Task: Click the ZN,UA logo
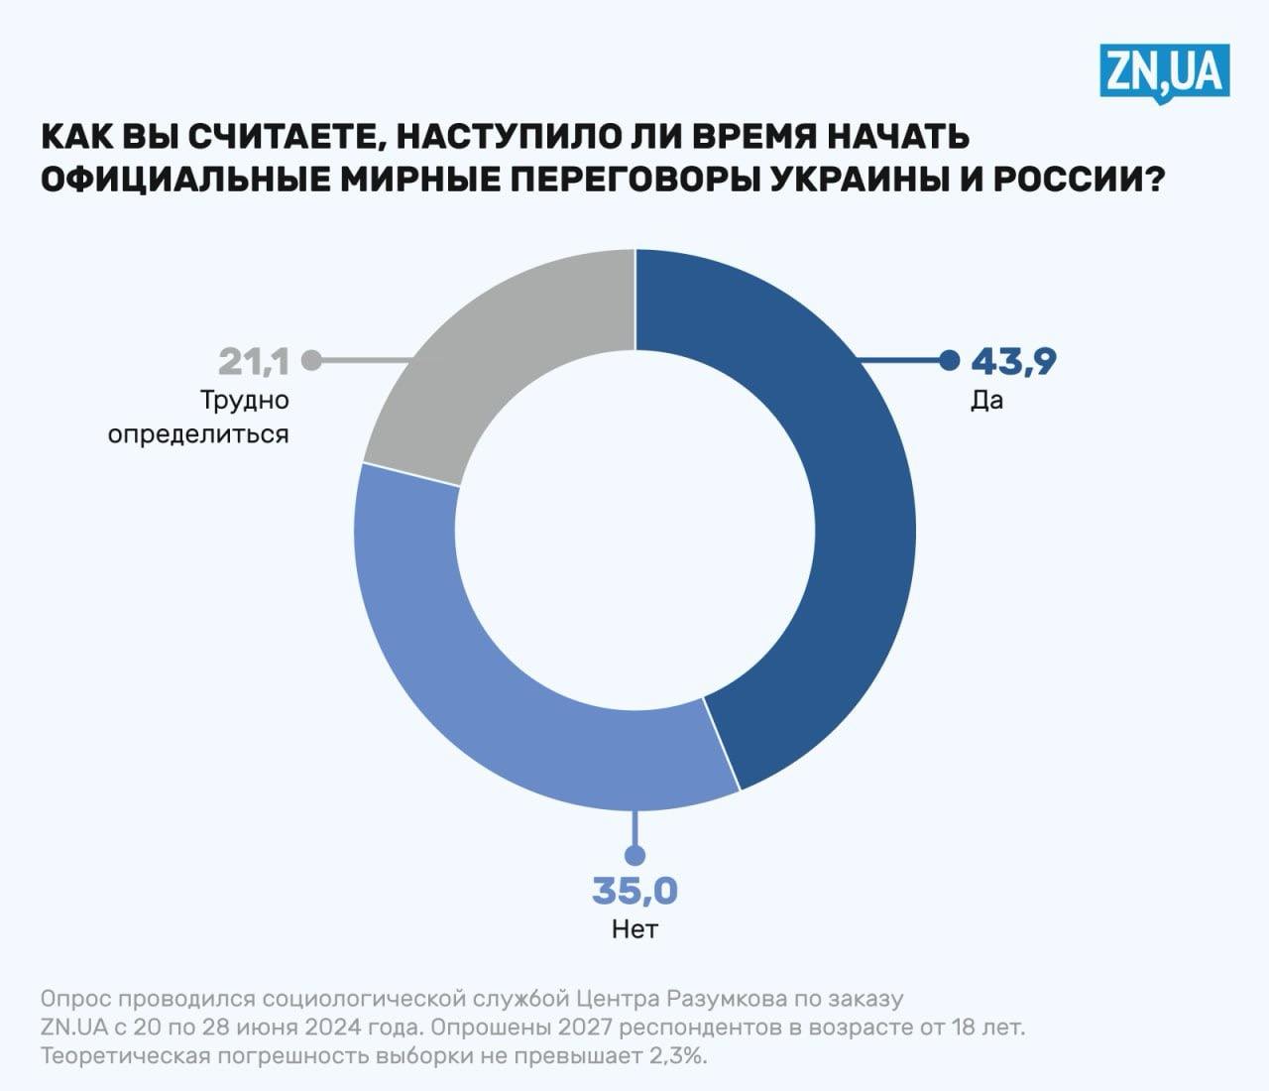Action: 1164,71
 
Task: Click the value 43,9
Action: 1013,362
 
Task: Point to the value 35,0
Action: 634,892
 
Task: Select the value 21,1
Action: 254,362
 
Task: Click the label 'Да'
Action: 986,401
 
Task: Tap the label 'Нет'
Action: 634,929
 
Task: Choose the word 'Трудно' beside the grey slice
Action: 245,401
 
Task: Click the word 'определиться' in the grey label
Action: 198,434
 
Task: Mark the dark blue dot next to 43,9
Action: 949,360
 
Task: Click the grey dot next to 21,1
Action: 311,360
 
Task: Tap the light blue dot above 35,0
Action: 634,855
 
